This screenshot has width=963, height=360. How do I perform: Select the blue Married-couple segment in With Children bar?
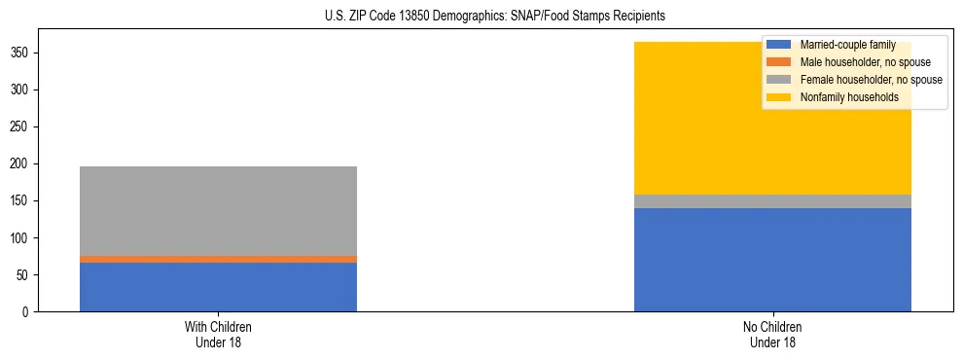click(218, 287)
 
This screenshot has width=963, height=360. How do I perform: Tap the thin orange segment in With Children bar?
click(218, 259)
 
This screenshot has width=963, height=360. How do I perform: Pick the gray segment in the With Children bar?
click(218, 211)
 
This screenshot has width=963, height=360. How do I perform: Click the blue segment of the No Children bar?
click(772, 260)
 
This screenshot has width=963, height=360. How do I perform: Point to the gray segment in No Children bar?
click(772, 201)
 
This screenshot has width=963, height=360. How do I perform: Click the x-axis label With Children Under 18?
click(218, 335)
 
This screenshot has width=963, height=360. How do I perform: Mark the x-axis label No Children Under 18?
click(772, 335)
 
